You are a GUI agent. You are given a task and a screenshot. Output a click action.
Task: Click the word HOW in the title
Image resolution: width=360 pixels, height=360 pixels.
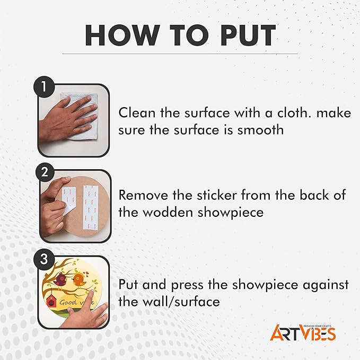pyautogui.click(x=122, y=35)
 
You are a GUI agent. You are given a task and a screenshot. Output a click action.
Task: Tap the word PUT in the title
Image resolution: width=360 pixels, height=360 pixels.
pyautogui.click(x=248, y=35)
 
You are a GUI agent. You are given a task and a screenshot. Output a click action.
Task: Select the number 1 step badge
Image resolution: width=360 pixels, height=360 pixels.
pyautogui.click(x=44, y=87)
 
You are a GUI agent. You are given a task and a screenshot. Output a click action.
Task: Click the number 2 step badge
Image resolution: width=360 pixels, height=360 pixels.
pyautogui.click(x=45, y=172)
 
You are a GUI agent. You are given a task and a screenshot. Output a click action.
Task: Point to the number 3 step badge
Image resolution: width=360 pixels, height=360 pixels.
pyautogui.click(x=44, y=259)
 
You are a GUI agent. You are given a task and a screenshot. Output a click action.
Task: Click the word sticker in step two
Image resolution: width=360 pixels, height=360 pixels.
pyautogui.click(x=216, y=195)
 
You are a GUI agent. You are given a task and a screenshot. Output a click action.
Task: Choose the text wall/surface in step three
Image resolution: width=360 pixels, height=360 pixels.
pyautogui.click(x=181, y=301)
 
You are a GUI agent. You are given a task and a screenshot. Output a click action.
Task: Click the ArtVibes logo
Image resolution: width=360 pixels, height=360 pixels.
pyautogui.click(x=303, y=332)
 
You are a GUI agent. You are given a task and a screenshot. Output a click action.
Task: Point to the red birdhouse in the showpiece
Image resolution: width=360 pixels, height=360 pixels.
pyautogui.click(x=51, y=301)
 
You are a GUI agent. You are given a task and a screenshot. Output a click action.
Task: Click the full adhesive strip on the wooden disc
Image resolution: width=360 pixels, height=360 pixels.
pyautogui.click(x=90, y=207)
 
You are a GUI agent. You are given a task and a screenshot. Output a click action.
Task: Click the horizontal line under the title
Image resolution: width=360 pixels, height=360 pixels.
pyautogui.click(x=180, y=54)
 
